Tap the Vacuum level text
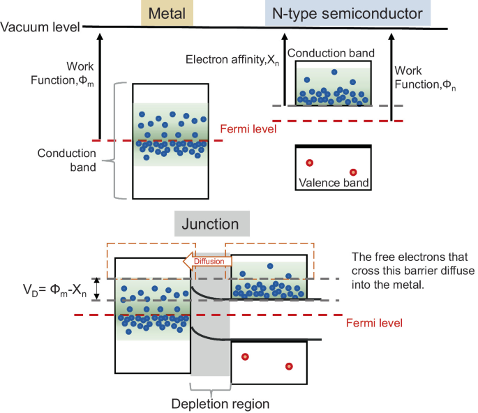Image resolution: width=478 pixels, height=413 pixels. tap(40, 28)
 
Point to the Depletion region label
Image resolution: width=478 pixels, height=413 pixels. tap(211, 403)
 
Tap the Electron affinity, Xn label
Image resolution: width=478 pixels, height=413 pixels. tap(232, 60)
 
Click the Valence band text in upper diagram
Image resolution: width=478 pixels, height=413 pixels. tap(332, 183)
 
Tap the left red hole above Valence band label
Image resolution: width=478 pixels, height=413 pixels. tap(309, 163)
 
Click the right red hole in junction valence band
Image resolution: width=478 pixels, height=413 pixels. tap(289, 367)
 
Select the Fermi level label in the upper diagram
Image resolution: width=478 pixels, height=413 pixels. tap(246, 129)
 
